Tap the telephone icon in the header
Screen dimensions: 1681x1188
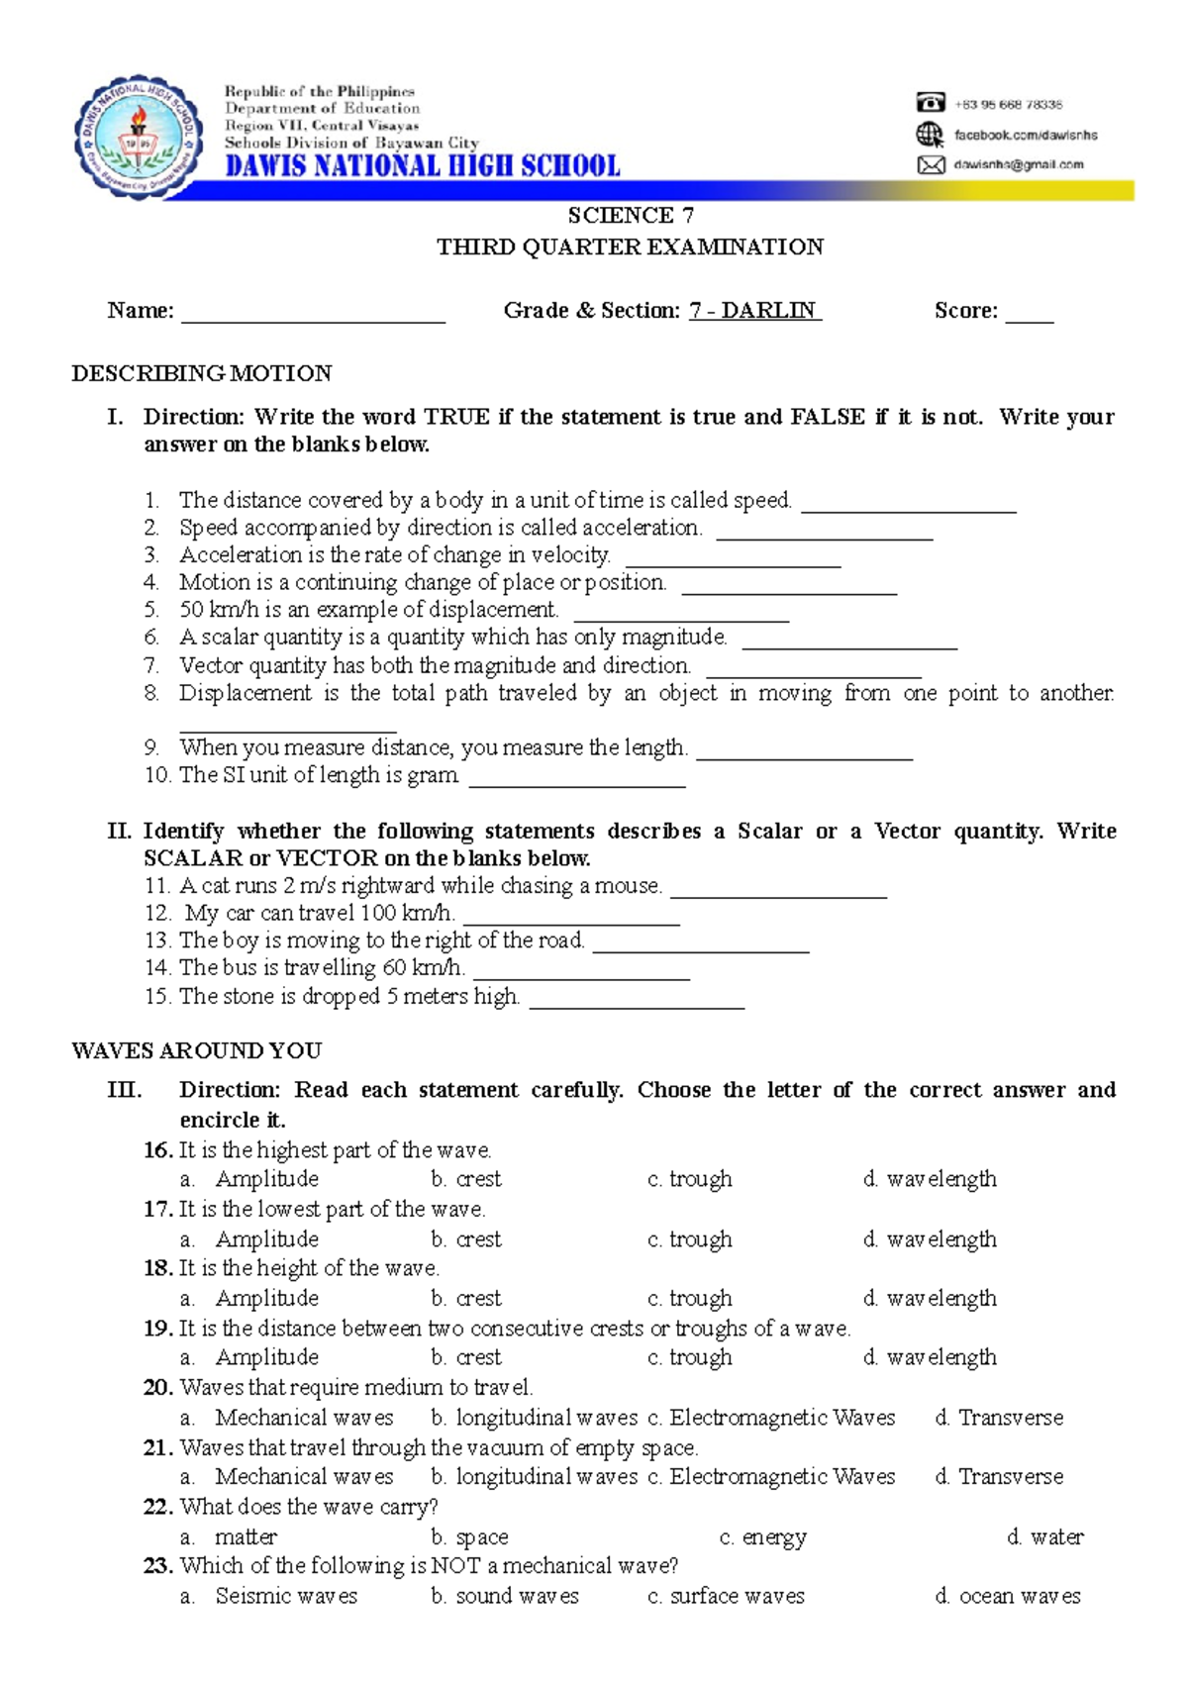click(930, 103)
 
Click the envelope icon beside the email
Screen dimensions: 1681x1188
click(931, 165)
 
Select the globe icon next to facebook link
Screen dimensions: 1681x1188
click(930, 135)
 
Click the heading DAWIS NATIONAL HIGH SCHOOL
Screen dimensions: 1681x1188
click(423, 165)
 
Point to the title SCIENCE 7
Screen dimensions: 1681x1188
click(631, 216)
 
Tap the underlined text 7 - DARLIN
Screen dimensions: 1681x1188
click(755, 311)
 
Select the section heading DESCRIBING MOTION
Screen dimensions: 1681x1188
click(202, 373)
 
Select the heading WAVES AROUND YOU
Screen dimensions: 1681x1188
click(197, 1050)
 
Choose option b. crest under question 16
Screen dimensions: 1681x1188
click(466, 1179)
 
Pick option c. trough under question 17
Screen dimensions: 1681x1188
click(690, 1239)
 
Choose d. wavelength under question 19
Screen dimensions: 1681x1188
click(930, 1357)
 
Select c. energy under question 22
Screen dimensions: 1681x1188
click(762, 1537)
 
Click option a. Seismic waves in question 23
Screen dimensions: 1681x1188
click(269, 1596)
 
